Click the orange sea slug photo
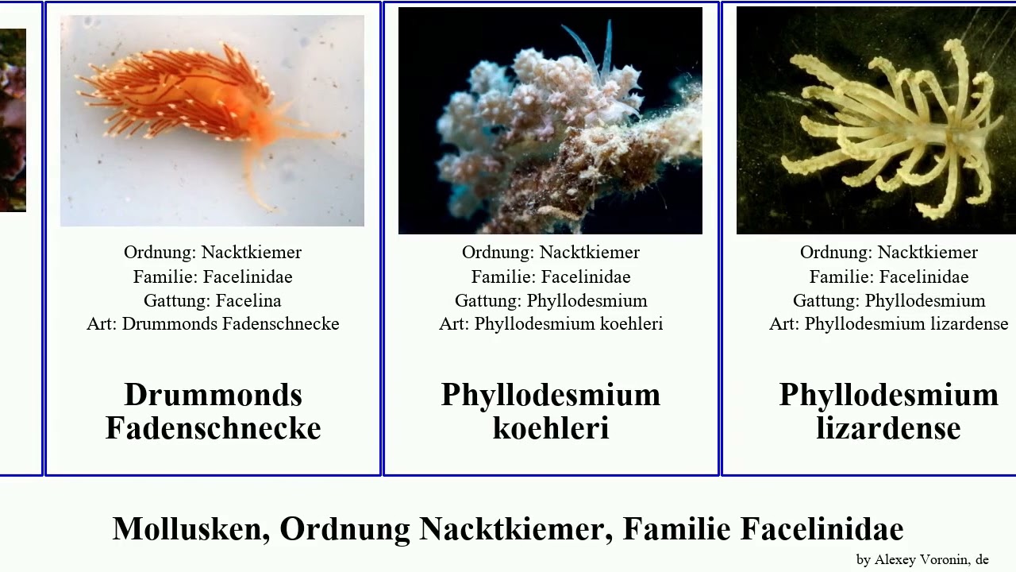[x=212, y=121]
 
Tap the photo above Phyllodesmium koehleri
[x=550, y=121]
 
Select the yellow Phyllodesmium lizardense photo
[x=876, y=121]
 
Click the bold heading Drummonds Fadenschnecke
[x=213, y=412]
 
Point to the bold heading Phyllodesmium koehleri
[x=551, y=412]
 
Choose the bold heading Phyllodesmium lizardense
[x=888, y=412]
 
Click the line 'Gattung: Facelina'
[x=212, y=300]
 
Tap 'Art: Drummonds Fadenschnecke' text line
[x=213, y=324]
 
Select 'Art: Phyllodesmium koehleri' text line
[x=551, y=324]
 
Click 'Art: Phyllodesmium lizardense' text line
[x=888, y=324]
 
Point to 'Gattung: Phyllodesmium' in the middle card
[x=551, y=300]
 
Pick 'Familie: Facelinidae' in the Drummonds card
[x=213, y=276]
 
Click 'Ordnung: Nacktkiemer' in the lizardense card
[x=888, y=253]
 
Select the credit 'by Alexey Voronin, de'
[x=922, y=559]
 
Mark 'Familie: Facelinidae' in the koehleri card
[x=551, y=276]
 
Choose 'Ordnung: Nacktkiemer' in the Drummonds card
[x=213, y=253]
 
